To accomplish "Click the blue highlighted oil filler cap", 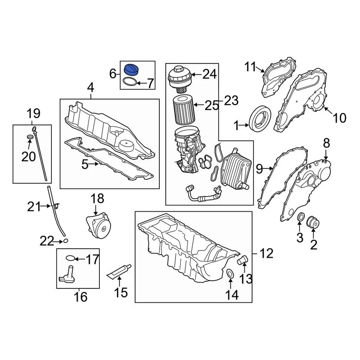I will pos(132,70).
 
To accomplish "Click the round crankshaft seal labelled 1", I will pos(260,119).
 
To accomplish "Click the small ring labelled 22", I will pos(65,240).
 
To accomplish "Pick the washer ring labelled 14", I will pos(231,274).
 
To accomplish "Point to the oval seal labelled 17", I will pos(70,258).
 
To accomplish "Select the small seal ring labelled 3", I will pos(300,217).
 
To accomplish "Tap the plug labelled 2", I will pos(313,222).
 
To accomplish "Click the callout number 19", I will pos(33,113).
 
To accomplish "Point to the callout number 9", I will pos(259,169).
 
